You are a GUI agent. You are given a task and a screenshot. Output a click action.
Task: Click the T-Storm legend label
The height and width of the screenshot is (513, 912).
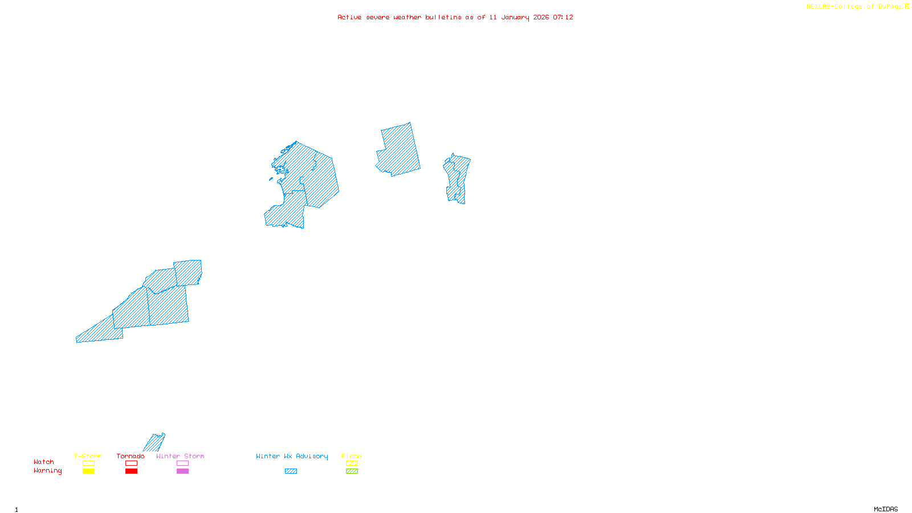point(88,456)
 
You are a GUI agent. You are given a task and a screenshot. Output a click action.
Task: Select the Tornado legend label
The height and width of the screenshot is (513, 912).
point(131,456)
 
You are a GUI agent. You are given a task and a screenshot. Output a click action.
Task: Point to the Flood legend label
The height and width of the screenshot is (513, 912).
point(352,456)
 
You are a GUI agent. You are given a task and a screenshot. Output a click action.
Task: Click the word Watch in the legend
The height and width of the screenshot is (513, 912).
point(44,462)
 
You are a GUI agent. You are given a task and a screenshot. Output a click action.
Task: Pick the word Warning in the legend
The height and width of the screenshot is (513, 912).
point(48,471)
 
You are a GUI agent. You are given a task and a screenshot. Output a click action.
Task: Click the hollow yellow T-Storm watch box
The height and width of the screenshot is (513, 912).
point(88,463)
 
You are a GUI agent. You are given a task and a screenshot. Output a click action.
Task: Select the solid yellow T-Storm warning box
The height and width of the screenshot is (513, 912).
point(88,471)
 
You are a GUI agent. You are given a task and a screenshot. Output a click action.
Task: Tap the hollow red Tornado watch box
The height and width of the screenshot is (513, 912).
point(131,463)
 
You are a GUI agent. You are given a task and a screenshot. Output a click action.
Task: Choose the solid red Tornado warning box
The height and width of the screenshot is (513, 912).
point(131,471)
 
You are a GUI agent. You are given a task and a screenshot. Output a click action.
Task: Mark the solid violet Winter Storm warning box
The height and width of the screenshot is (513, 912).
point(182,471)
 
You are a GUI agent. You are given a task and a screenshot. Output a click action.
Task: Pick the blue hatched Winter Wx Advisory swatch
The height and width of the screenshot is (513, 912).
point(291,471)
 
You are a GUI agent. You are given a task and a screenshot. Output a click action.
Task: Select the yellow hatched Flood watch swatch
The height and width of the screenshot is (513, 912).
point(352,463)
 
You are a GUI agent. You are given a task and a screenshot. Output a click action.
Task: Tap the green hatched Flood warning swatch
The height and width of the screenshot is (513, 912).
point(352,471)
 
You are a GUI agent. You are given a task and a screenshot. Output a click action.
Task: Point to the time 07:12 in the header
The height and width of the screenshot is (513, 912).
point(563,18)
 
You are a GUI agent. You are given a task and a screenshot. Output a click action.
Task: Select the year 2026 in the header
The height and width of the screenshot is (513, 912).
point(541,18)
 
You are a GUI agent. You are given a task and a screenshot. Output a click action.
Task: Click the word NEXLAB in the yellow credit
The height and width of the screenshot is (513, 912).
point(818,7)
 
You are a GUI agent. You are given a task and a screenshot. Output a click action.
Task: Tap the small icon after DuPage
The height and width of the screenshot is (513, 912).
point(907,6)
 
